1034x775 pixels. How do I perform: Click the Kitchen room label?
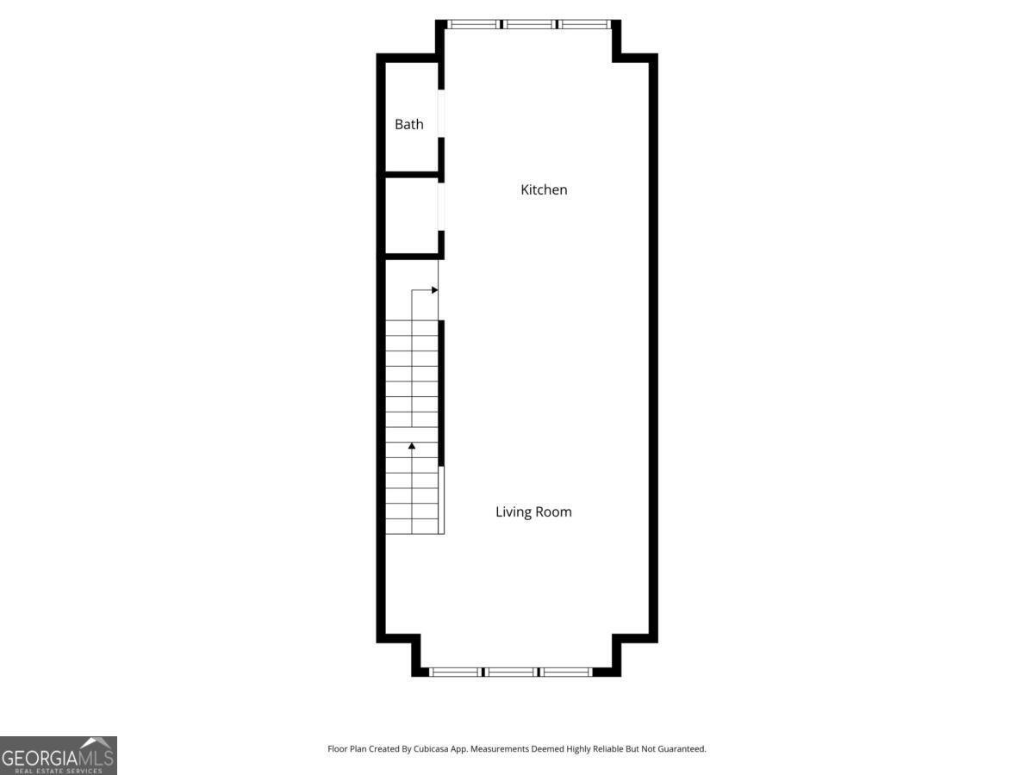(x=544, y=189)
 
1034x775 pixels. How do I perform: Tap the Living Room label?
(x=533, y=512)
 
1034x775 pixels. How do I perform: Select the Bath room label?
(x=409, y=124)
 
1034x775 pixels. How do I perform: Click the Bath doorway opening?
(x=441, y=113)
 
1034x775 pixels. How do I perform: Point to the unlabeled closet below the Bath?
(x=411, y=215)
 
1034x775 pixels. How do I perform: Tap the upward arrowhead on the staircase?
(x=412, y=446)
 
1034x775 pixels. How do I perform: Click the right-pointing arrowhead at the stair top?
(x=435, y=290)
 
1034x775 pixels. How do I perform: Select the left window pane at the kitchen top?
(x=473, y=24)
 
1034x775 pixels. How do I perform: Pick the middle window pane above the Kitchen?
(x=528, y=24)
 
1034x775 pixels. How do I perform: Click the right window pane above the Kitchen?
(x=585, y=24)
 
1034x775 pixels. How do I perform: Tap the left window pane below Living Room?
(x=455, y=672)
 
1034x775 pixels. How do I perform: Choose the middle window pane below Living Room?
(x=511, y=672)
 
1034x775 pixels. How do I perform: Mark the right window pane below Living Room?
(x=566, y=672)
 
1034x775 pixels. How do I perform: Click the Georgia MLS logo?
(x=58, y=755)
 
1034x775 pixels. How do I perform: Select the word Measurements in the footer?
(x=500, y=749)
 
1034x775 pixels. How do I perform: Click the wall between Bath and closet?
(x=412, y=175)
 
